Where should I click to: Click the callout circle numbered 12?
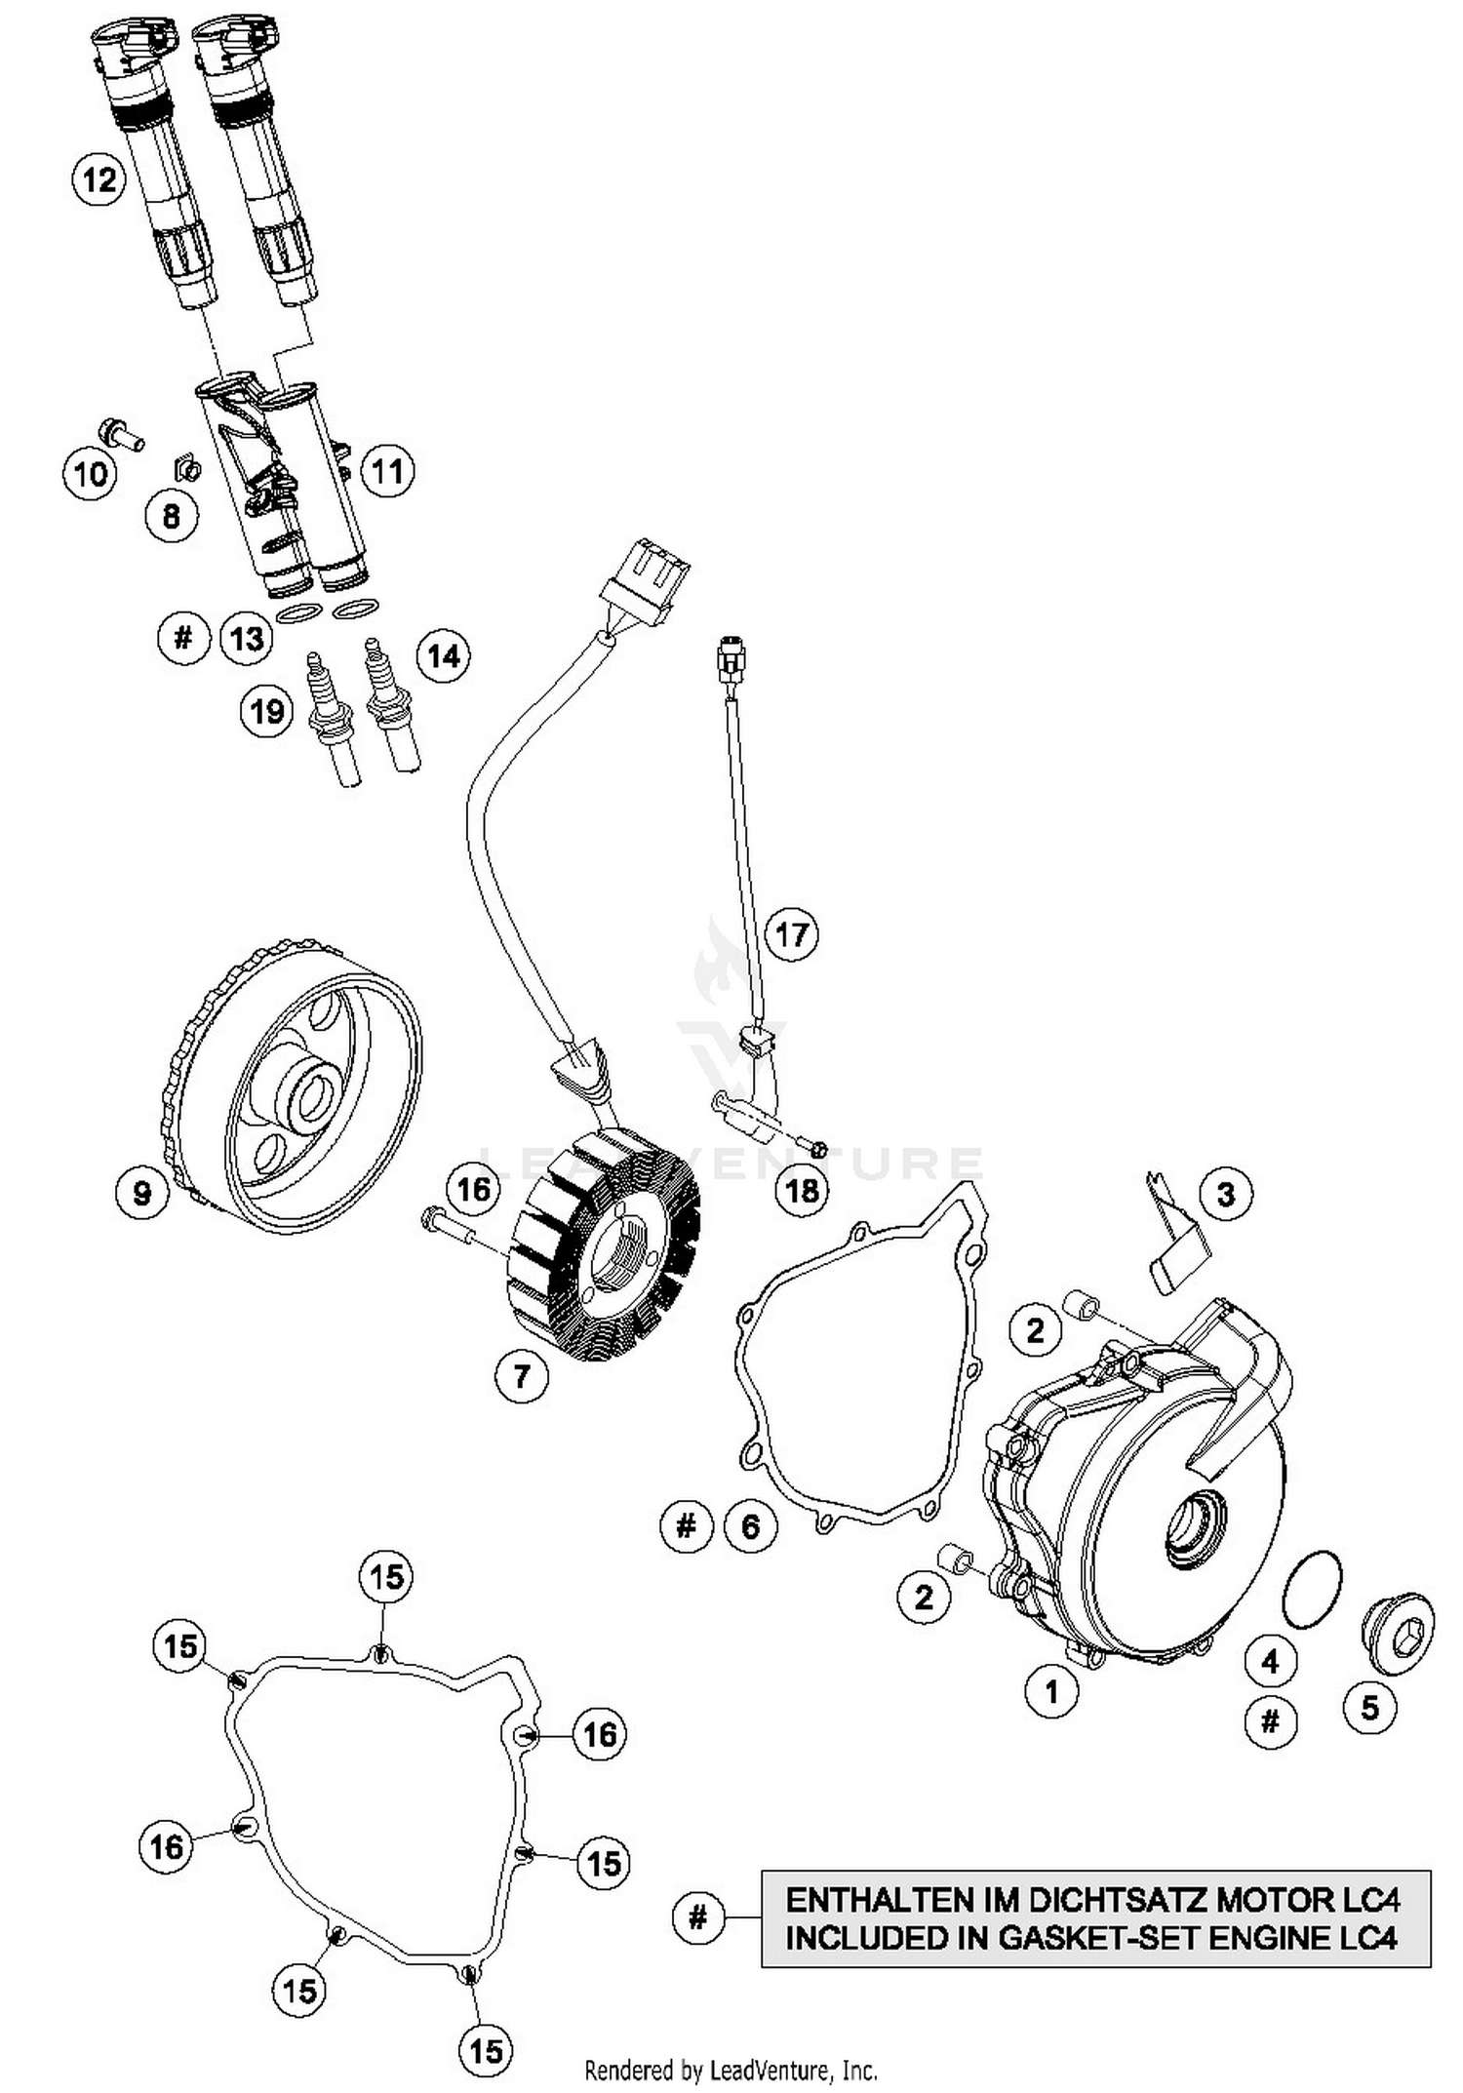click(x=99, y=179)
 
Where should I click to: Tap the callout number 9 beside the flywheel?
click(x=142, y=1192)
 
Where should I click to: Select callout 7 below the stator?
click(x=522, y=1376)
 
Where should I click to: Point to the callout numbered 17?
click(x=791, y=935)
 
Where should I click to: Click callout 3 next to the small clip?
click(x=1226, y=1194)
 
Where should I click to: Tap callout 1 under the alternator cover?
click(x=1051, y=1691)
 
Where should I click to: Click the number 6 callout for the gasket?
click(x=750, y=1525)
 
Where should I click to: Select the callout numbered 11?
click(x=387, y=471)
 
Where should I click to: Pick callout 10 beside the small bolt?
click(x=91, y=475)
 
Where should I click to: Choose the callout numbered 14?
click(x=443, y=655)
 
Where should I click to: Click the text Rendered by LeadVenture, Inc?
click(x=731, y=2070)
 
